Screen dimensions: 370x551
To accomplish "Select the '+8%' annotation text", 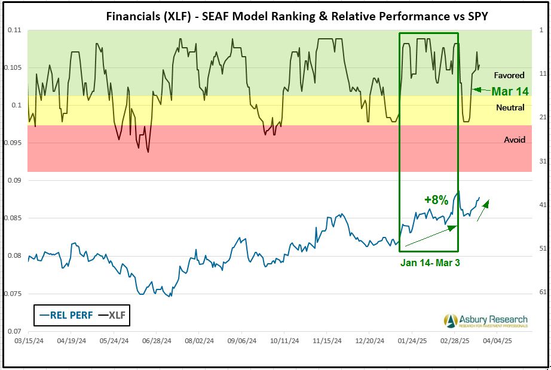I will coord(436,200).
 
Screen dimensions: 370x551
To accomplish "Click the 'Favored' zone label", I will coord(509,75).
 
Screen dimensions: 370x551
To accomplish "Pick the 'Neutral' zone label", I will coord(510,107).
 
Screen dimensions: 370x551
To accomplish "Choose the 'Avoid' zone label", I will coord(515,140).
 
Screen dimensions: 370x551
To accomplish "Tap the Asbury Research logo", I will coord(486,320).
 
